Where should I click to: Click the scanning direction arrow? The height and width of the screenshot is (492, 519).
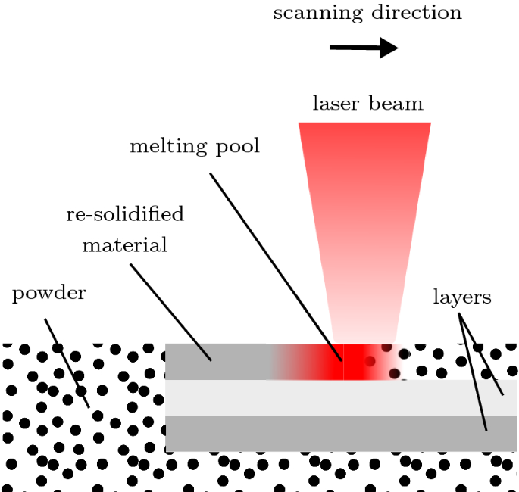[x=364, y=49]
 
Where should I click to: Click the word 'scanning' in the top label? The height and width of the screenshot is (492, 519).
[x=306, y=13]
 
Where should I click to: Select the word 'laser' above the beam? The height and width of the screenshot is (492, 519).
[x=336, y=103]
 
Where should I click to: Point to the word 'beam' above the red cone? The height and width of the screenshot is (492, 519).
[x=396, y=103]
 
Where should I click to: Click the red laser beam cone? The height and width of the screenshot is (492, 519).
[x=364, y=212]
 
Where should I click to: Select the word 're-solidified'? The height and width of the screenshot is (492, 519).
[x=125, y=214]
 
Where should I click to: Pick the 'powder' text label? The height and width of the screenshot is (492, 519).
[x=49, y=294]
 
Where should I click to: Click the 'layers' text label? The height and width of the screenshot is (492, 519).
[x=462, y=297]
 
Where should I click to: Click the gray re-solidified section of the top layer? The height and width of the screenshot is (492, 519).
[x=220, y=362]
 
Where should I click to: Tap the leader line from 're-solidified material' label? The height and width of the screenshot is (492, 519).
[x=170, y=310]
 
